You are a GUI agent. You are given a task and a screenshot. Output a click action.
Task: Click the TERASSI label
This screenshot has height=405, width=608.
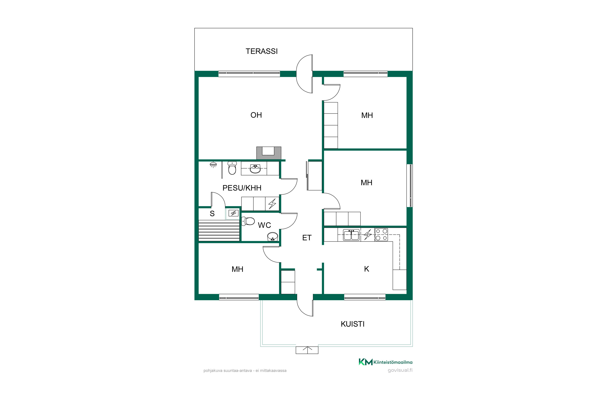click(x=262, y=51)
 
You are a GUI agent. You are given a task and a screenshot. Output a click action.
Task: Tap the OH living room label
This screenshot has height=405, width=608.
click(x=256, y=115)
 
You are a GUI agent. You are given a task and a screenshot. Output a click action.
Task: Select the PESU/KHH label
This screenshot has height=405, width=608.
click(x=242, y=188)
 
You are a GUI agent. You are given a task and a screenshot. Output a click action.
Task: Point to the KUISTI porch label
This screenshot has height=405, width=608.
click(x=352, y=324)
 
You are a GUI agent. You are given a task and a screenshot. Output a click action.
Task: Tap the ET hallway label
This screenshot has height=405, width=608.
click(x=307, y=238)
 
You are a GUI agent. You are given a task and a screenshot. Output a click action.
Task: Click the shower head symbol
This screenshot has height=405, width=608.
click(x=213, y=164)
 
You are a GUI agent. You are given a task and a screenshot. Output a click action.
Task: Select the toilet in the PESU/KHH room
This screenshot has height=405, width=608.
click(x=232, y=168)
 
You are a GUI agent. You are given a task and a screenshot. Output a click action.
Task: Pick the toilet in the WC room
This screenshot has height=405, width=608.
click(x=248, y=221)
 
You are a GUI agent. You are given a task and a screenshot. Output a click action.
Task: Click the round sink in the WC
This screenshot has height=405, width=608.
click(x=272, y=236)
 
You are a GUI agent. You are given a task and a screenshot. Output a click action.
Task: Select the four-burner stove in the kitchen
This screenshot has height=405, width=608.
click(x=381, y=235)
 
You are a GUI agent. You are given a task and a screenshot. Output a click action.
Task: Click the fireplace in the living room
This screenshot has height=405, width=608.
click(x=269, y=153)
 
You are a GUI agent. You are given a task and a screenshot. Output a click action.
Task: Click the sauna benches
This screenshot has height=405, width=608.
click(x=219, y=231)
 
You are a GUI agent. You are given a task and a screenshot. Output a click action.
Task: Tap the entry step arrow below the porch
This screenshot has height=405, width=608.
click(x=307, y=350)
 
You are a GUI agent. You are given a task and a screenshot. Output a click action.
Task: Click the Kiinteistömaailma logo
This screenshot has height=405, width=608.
click(x=385, y=362)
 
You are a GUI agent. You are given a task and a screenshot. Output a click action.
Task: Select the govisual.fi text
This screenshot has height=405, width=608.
click(x=400, y=370)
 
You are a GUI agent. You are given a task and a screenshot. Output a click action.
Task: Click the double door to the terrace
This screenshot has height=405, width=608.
click(x=305, y=74)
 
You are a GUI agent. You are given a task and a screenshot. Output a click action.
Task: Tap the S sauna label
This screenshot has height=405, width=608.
click(x=212, y=214)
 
